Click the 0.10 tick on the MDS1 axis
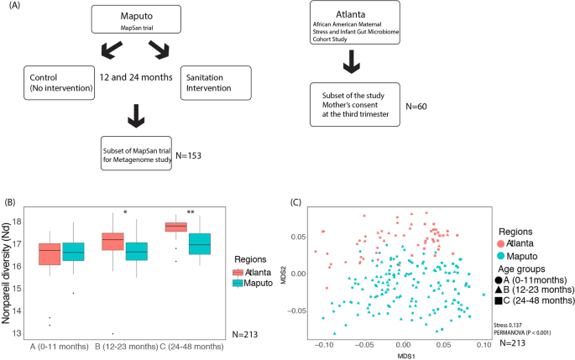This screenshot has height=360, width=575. click(x=483, y=344)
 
